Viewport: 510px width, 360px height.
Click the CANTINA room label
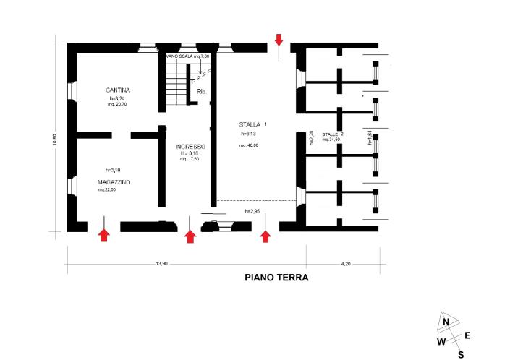pos(116,90)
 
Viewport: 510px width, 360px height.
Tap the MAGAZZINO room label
pos(116,181)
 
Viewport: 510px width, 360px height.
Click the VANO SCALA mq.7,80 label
pos(187,56)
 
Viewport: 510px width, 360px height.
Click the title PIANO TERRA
pos(276,277)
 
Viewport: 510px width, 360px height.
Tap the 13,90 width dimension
pos(161,264)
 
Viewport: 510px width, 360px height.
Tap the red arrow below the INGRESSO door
pos(190,236)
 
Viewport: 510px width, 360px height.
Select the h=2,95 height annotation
pos(252,210)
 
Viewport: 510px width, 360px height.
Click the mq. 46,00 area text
pos(249,145)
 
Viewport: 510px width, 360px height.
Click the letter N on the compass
pos(447,322)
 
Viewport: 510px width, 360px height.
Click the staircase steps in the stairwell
pos(175,85)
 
